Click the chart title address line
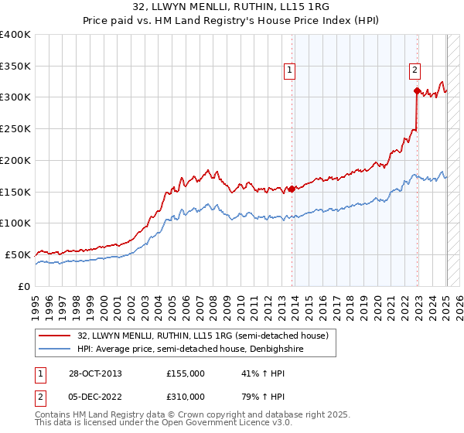click(x=232, y=8)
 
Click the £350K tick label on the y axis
click(x=15, y=66)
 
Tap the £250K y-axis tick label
click(x=15, y=128)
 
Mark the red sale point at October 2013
click(x=292, y=188)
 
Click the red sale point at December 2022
click(x=417, y=91)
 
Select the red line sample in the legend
click(x=54, y=336)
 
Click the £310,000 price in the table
click(x=186, y=398)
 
